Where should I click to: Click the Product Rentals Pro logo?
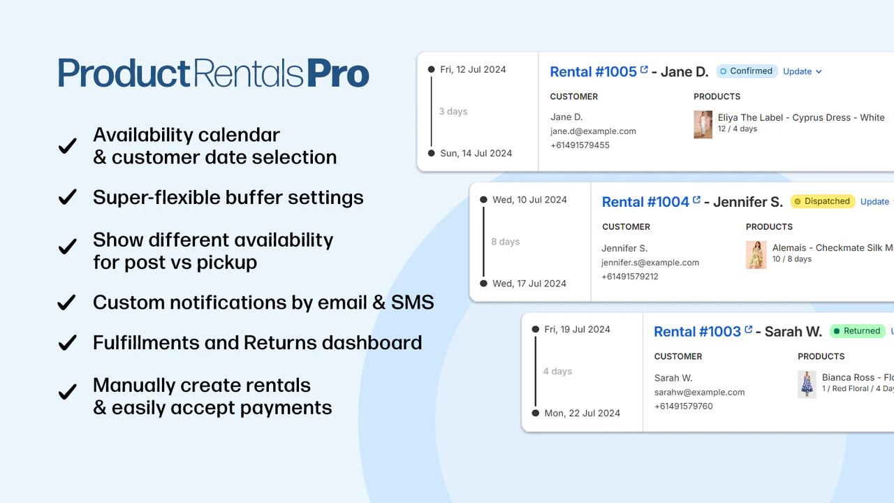(x=213, y=74)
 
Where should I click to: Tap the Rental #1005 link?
(x=594, y=71)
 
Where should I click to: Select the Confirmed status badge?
(x=747, y=71)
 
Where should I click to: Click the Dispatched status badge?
(x=822, y=201)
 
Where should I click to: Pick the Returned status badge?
(x=856, y=331)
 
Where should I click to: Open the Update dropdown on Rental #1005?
(x=802, y=71)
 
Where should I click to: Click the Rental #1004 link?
(x=645, y=202)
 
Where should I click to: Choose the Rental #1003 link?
(x=697, y=332)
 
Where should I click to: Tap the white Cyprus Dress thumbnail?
(x=703, y=124)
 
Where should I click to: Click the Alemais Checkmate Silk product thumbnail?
(x=756, y=255)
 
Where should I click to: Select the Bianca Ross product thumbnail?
(x=807, y=384)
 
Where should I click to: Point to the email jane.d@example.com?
(x=593, y=131)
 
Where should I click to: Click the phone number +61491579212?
(x=629, y=277)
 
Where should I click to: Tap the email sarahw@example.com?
(x=699, y=393)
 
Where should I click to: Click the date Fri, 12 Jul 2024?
(x=473, y=69)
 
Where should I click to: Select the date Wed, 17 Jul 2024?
(x=529, y=284)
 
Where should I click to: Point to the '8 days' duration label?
(x=505, y=242)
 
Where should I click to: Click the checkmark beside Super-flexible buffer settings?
(x=67, y=198)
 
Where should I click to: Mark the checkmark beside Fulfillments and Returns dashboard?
(x=67, y=343)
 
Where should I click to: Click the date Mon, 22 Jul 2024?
(x=582, y=413)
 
